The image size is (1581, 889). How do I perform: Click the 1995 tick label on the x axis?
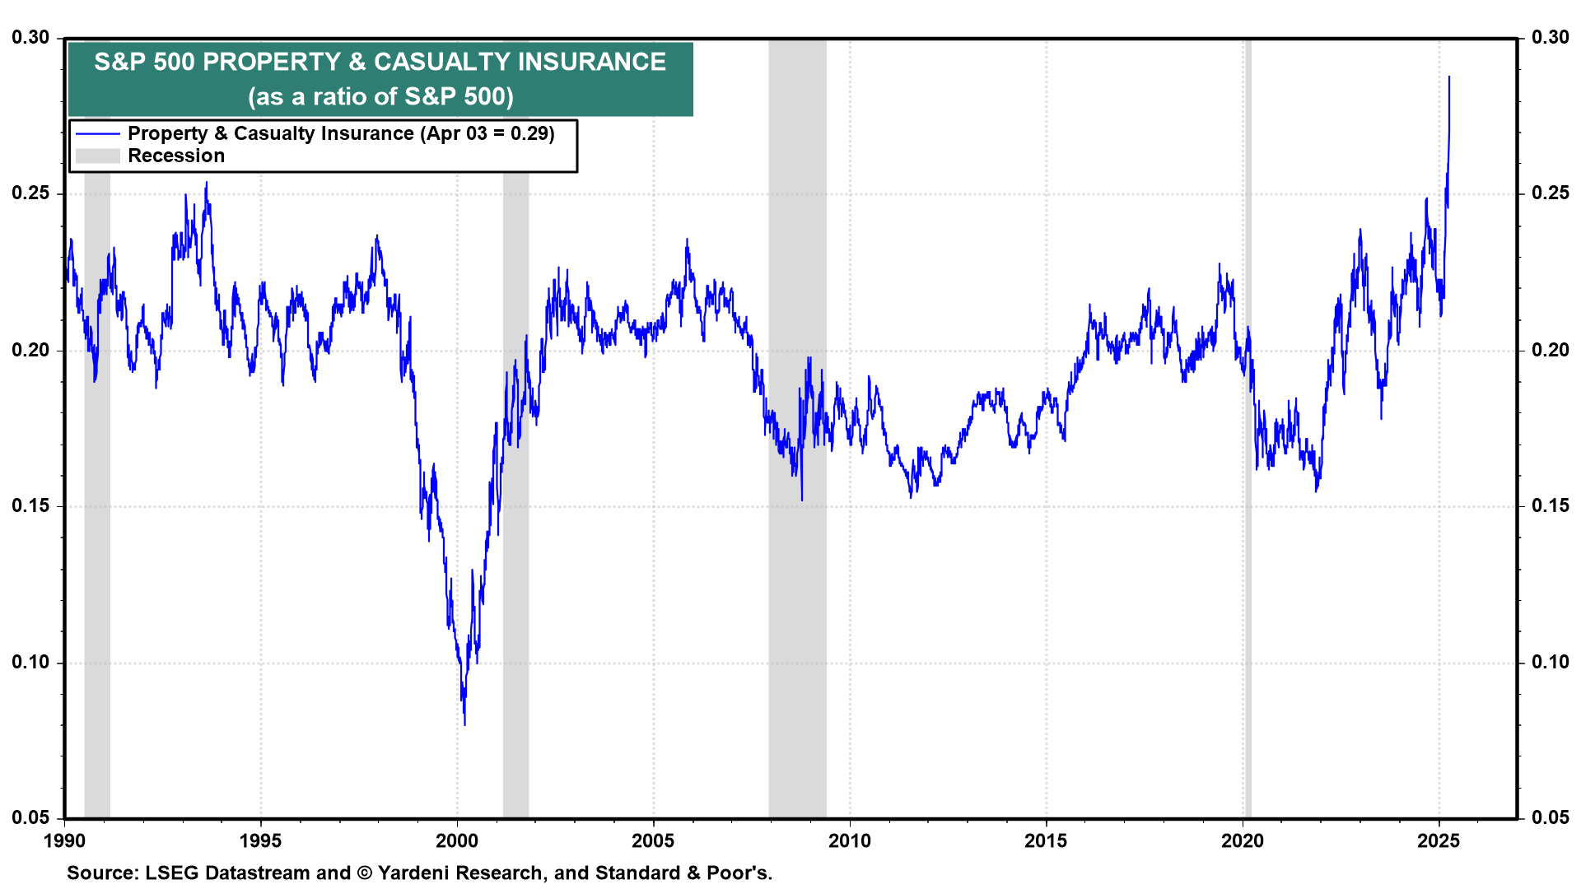pyautogui.click(x=260, y=840)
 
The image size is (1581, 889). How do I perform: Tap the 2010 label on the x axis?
pyautogui.click(x=849, y=840)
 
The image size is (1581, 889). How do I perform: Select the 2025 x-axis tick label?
pyautogui.click(x=1439, y=840)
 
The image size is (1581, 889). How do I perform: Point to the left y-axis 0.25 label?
pyautogui.click(x=30, y=193)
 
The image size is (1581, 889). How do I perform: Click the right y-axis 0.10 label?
pyautogui.click(x=1551, y=662)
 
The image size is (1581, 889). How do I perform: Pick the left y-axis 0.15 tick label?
pyautogui.click(x=30, y=505)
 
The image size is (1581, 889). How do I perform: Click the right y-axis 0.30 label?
pyautogui.click(x=1551, y=37)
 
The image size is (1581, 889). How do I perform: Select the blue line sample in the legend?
pyautogui.click(x=97, y=133)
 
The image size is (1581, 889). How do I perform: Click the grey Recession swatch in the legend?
pyautogui.click(x=97, y=156)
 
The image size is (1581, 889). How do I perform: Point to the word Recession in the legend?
pyautogui.click(x=176, y=156)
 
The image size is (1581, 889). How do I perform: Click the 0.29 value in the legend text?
pyautogui.click(x=531, y=133)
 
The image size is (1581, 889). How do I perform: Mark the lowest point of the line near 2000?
pyautogui.click(x=464, y=724)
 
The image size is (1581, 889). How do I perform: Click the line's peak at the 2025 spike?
pyautogui.click(x=1449, y=77)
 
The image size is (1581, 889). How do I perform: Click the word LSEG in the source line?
pyautogui.click(x=171, y=873)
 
